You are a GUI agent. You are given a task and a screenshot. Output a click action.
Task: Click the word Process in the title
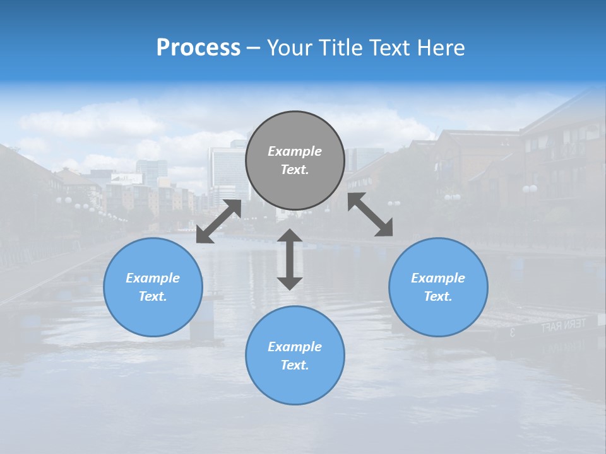[x=198, y=48]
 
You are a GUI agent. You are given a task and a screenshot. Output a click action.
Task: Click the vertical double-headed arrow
[x=290, y=259]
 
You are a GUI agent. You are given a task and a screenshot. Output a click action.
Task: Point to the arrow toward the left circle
[x=218, y=221]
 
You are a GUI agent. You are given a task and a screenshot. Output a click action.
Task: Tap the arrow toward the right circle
[x=370, y=214]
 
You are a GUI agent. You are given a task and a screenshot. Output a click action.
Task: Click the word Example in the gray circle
[x=295, y=151]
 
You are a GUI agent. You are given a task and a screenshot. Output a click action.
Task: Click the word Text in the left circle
[x=153, y=296]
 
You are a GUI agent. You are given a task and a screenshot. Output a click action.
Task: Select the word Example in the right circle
[x=438, y=278]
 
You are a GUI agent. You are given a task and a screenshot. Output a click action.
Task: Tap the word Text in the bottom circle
[x=295, y=365]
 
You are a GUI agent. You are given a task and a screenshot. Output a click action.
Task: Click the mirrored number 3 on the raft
[x=512, y=332]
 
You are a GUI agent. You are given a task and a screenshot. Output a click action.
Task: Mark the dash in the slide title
[x=253, y=48]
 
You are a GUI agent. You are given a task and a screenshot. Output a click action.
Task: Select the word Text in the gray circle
[x=295, y=170]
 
